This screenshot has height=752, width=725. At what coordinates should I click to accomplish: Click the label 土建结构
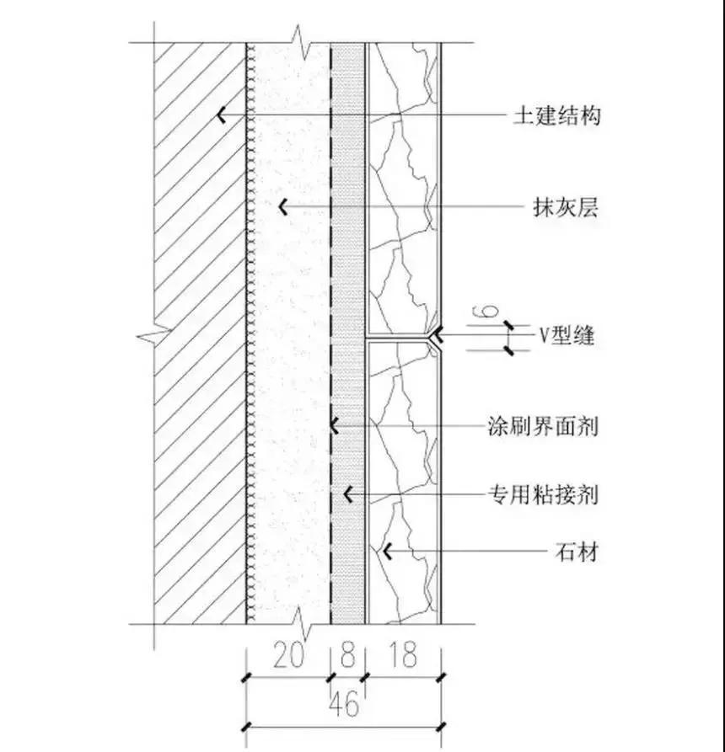tap(557, 115)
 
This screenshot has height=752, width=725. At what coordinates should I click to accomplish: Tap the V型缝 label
tap(567, 336)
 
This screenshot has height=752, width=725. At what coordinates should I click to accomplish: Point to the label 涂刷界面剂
tap(543, 426)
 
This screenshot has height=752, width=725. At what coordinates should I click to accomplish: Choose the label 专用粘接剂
tap(543, 493)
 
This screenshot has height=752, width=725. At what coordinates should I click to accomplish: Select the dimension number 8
tap(347, 655)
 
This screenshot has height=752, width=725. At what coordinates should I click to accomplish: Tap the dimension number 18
tap(403, 655)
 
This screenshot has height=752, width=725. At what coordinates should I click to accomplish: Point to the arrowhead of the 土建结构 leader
tap(220, 115)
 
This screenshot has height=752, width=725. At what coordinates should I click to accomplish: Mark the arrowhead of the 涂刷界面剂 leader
tap(334, 425)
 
